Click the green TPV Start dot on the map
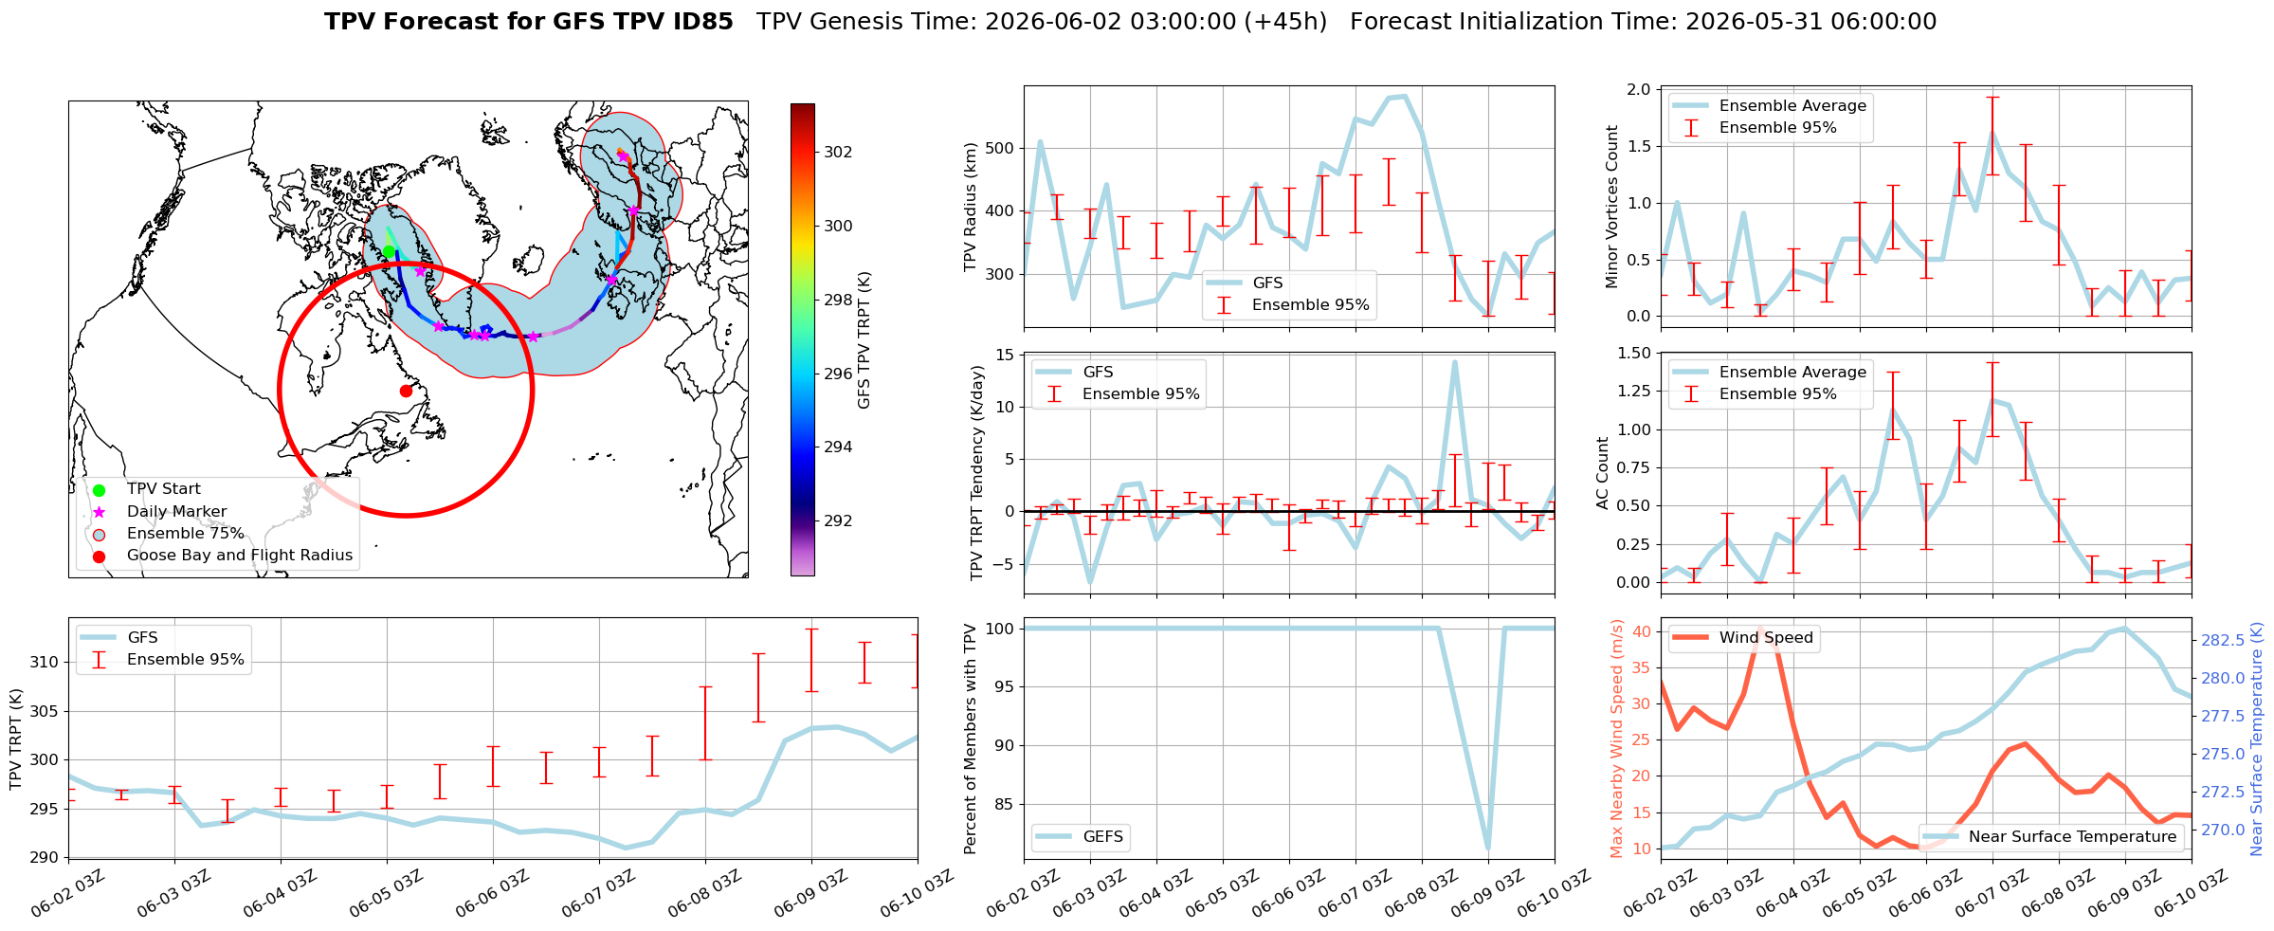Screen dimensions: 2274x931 (x=389, y=251)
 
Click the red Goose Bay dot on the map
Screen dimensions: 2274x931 (x=406, y=391)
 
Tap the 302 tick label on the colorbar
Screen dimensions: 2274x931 (x=838, y=152)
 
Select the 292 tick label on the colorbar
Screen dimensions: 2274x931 (x=838, y=520)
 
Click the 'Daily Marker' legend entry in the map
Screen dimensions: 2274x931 (x=177, y=511)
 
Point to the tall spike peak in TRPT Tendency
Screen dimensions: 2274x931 (x=1454, y=361)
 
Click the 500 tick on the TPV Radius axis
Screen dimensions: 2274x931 (x=1002, y=148)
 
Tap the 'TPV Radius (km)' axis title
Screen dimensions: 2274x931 (x=971, y=207)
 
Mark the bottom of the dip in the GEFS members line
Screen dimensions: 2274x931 (x=1488, y=849)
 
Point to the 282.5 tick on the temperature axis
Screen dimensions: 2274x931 (x=2222, y=640)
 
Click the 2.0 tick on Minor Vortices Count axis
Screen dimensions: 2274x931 (x=1639, y=89)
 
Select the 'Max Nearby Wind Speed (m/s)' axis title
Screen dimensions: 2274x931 (x=1617, y=739)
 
